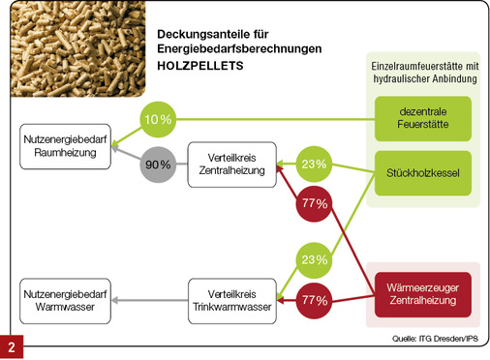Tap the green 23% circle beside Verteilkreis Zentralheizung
click(314, 165)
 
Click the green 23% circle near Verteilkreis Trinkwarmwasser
click(314, 259)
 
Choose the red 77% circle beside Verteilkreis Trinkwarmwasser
click(314, 300)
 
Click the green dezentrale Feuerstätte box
click(421, 120)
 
